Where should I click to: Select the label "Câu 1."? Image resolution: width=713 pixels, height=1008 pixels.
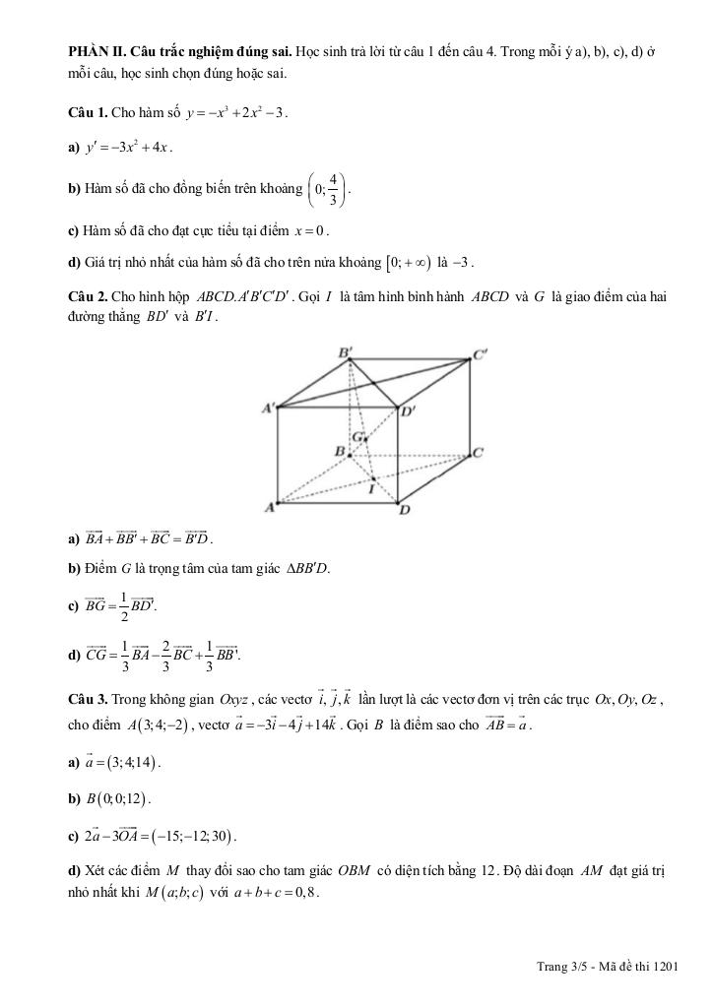click(88, 113)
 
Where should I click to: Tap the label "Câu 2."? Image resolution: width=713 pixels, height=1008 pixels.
click(88, 294)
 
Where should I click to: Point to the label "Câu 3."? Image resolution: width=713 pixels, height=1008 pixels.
click(88, 700)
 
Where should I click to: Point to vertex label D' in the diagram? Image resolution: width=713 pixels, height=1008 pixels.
click(408, 412)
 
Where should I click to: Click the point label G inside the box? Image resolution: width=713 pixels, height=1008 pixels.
click(358, 435)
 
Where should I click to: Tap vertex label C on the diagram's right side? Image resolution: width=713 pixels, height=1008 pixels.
click(478, 453)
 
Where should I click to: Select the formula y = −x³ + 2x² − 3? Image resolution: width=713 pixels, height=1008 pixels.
click(234, 113)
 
